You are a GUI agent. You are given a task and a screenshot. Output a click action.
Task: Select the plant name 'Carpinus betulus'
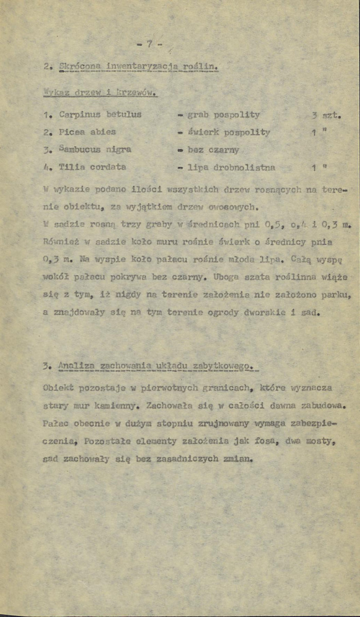point(100,115)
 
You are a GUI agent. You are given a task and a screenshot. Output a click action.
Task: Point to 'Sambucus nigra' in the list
point(95,150)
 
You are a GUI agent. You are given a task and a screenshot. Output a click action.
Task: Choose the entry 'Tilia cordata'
point(93,167)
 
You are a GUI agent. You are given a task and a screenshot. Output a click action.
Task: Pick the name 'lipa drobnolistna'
point(231,167)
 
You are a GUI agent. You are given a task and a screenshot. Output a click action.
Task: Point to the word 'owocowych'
point(228,207)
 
